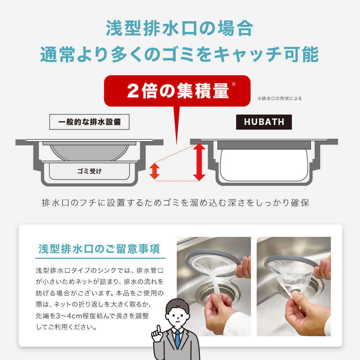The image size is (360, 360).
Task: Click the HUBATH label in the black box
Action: [264, 122]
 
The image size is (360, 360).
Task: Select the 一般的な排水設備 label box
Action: [89, 122]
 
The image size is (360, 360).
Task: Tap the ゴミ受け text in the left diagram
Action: [89, 171]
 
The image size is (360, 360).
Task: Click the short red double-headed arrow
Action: [154, 171]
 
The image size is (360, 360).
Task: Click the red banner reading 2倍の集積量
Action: [177, 91]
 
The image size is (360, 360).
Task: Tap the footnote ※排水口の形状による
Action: [280, 98]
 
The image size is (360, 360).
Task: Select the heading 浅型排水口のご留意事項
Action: [100, 249]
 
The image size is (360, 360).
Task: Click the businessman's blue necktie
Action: [177, 338]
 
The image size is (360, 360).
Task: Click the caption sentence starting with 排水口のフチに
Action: [176, 203]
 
